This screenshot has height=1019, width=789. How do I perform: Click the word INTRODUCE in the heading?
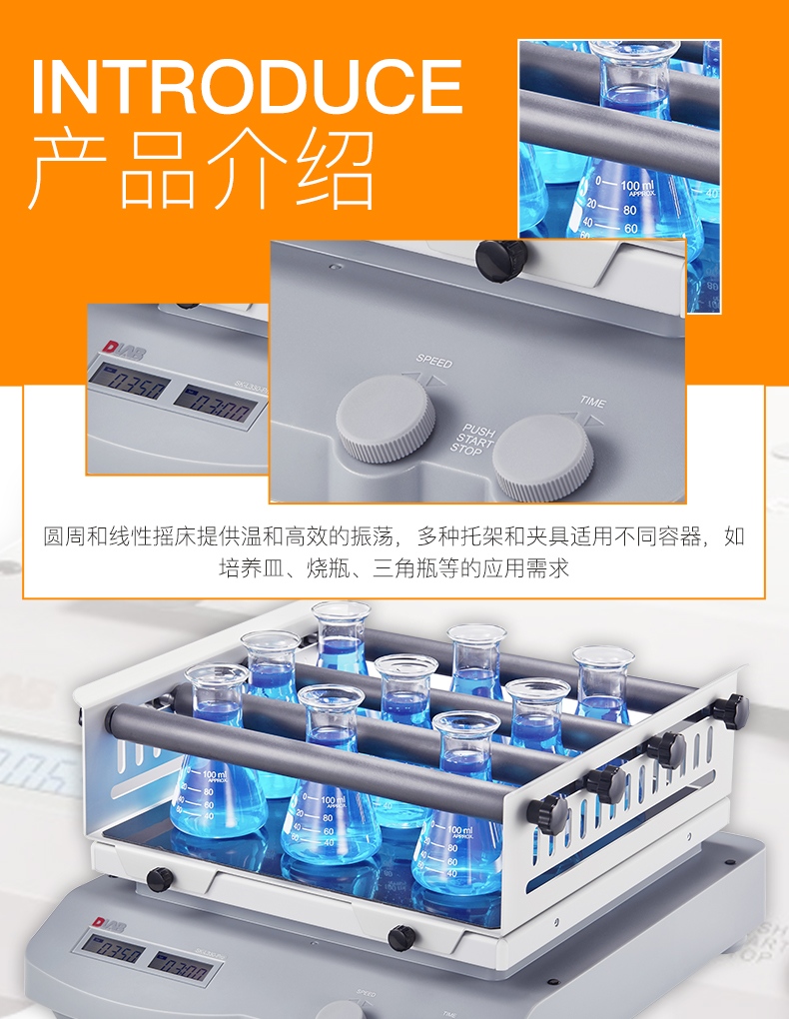pyautogui.click(x=247, y=88)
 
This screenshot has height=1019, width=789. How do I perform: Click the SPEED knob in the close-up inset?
pyautogui.click(x=386, y=421)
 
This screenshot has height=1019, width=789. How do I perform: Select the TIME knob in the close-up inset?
pyautogui.click(x=543, y=458)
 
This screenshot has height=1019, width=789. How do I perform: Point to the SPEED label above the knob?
pyautogui.click(x=433, y=361)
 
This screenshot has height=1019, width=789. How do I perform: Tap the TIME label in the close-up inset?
pyautogui.click(x=592, y=403)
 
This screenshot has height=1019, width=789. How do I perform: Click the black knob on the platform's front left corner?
pyautogui.click(x=159, y=879)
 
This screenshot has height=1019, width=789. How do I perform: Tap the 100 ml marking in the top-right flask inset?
pyautogui.click(x=636, y=186)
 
